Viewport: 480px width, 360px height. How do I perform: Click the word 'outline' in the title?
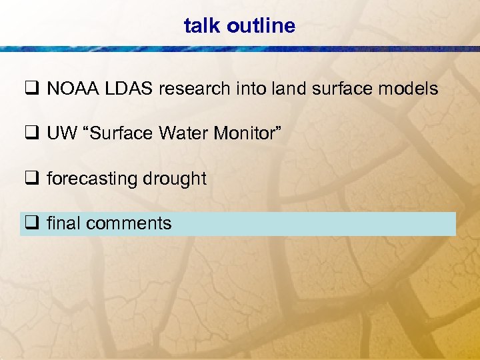(x=261, y=26)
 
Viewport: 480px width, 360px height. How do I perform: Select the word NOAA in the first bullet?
(x=69, y=89)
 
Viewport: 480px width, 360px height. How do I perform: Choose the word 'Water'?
(x=182, y=134)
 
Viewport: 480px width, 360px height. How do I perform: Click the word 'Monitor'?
(x=247, y=134)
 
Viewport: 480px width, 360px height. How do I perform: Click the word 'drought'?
(x=172, y=179)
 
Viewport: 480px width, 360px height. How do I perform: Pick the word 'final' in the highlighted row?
(x=63, y=223)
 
